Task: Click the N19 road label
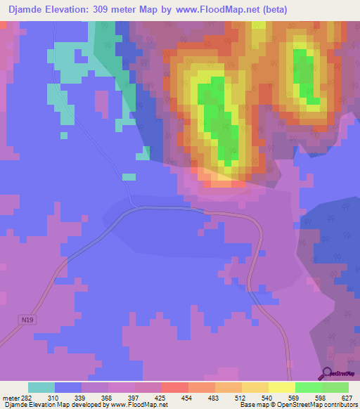[x=27, y=320]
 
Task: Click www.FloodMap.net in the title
[x=217, y=10]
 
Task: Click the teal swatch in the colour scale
[x=41, y=387]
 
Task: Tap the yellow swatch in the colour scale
[x=282, y=387]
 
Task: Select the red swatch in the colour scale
[x=175, y=387]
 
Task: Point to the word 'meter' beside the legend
[x=11, y=398]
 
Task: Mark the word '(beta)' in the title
[x=276, y=10]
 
